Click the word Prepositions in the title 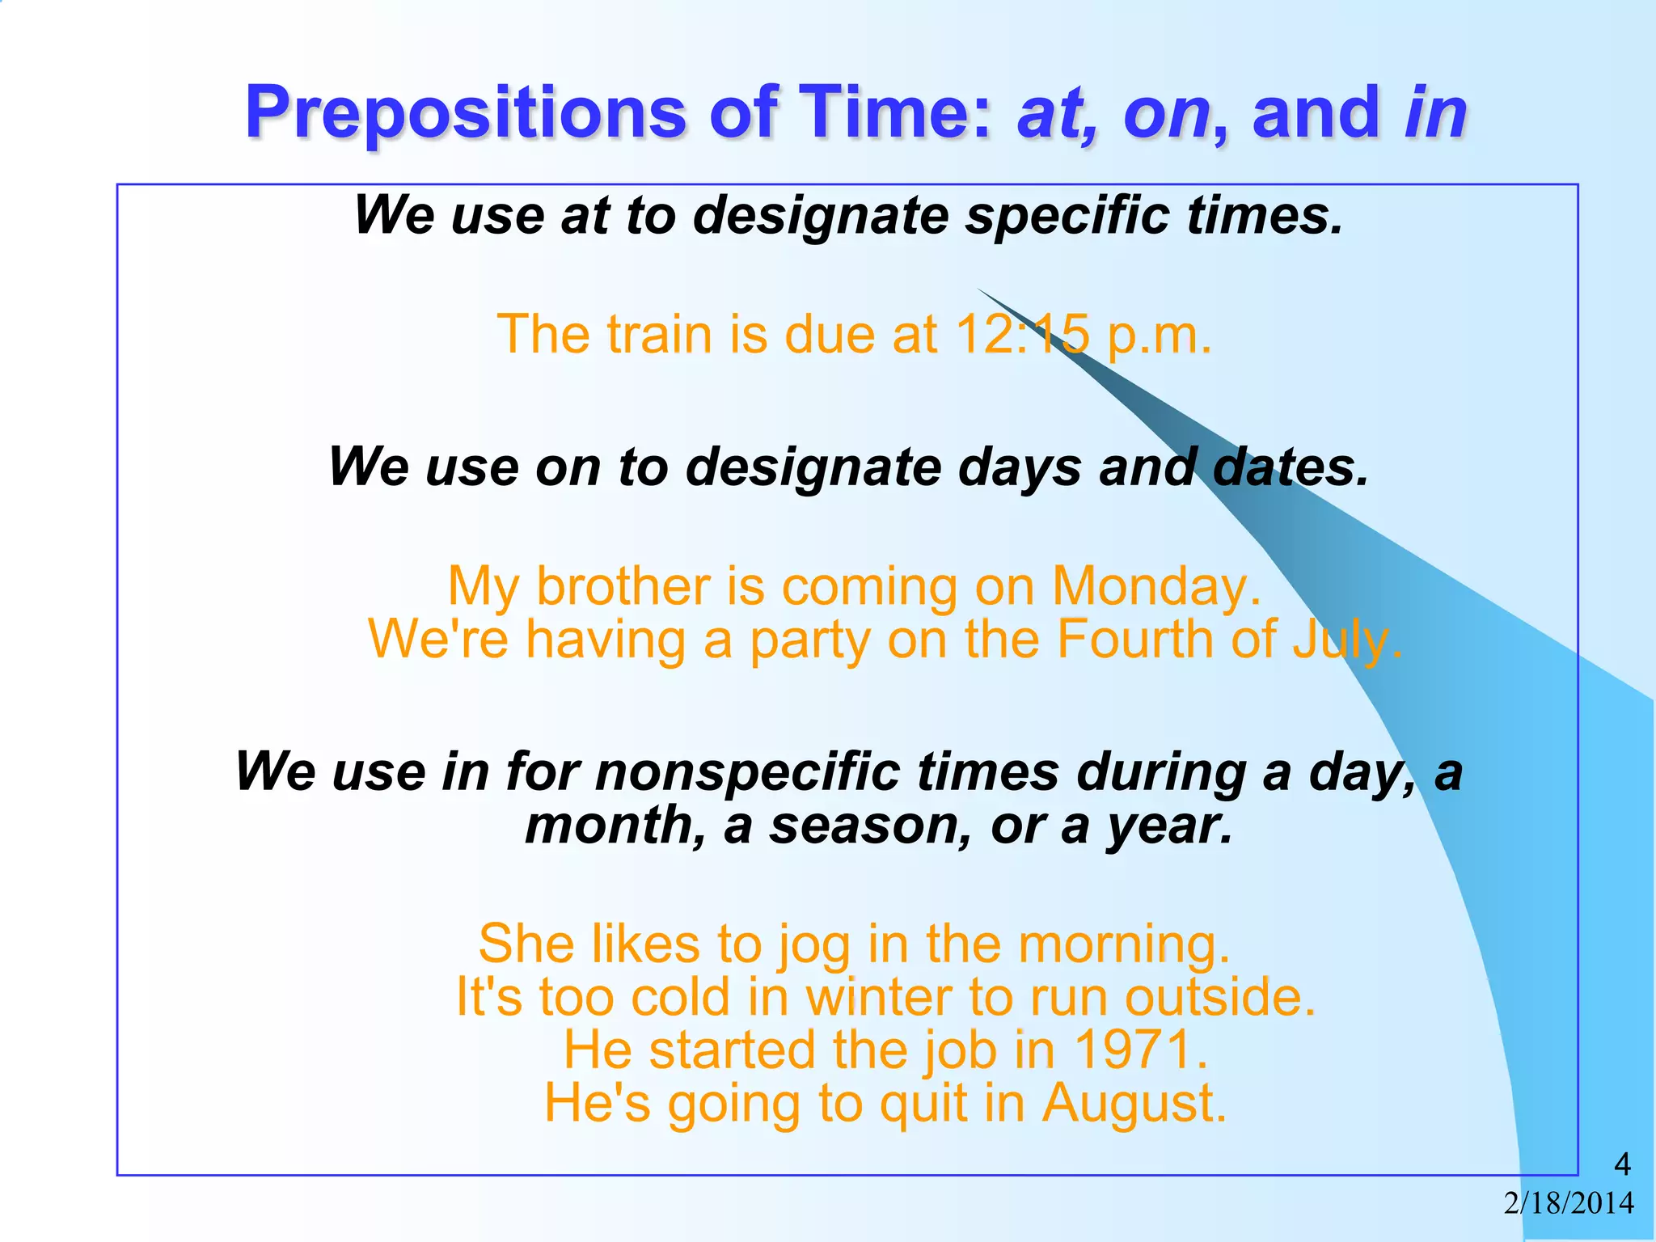[x=465, y=113]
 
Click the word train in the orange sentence [x=659, y=334]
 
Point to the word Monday [x=1155, y=586]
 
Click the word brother [x=623, y=586]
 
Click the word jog [x=813, y=945]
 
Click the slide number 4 [x=1622, y=1164]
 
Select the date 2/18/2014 [x=1569, y=1203]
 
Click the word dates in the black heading [x=1291, y=468]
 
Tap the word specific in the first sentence [x=1067, y=217]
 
